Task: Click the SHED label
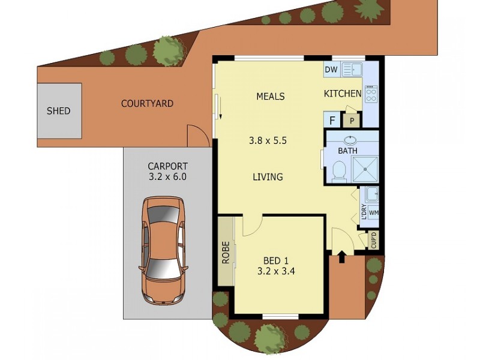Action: click(59, 111)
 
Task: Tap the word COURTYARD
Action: click(147, 104)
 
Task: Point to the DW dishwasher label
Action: click(331, 70)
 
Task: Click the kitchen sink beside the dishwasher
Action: click(352, 69)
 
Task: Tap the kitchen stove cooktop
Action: click(371, 94)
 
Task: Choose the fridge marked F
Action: click(332, 121)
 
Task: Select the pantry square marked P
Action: click(351, 121)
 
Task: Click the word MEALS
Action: click(270, 96)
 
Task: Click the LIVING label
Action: click(268, 177)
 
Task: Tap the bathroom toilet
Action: click(338, 171)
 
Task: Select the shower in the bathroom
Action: click(364, 170)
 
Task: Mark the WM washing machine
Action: click(373, 212)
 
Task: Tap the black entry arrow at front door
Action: click(342, 257)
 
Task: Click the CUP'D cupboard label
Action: click(374, 241)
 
